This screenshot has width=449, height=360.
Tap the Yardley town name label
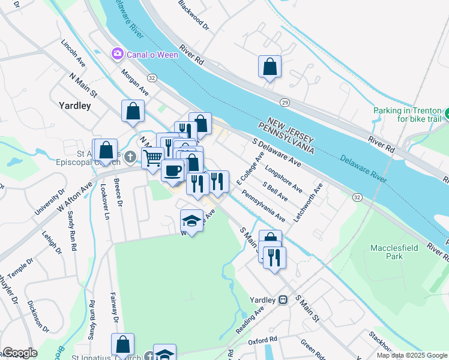[75, 106]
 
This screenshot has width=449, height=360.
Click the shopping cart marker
[153, 158]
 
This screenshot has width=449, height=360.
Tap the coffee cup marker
[173, 170]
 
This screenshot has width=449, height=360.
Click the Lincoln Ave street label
[73, 53]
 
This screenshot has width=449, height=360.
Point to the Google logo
[20, 353]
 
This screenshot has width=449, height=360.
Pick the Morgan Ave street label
[134, 82]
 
